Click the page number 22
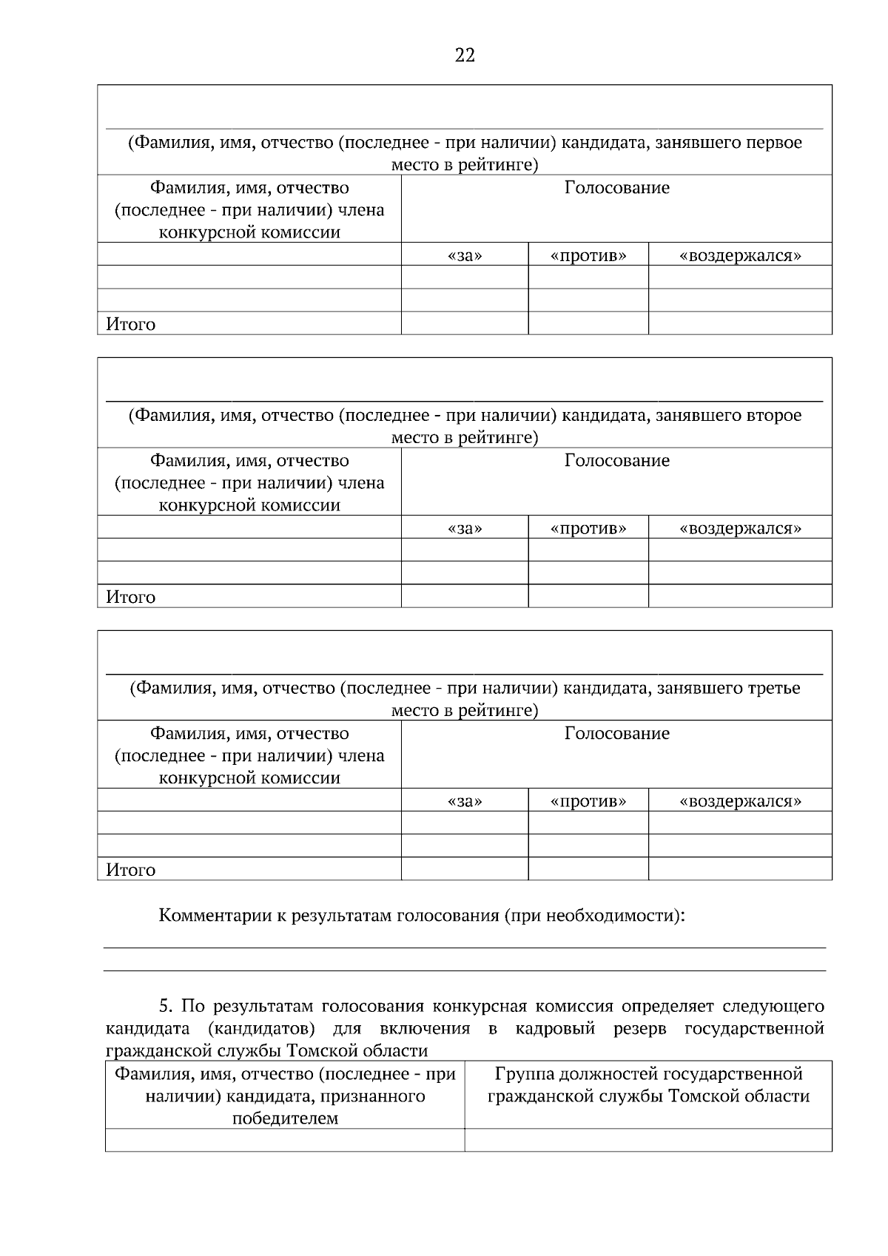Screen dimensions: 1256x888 click(x=465, y=55)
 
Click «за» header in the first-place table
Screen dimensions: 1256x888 click(x=465, y=256)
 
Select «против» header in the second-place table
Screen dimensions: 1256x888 click(x=588, y=529)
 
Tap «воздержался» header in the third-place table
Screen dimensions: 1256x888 click(x=740, y=802)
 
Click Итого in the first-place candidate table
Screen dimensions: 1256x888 click(x=130, y=325)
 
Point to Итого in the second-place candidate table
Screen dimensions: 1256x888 click(x=130, y=598)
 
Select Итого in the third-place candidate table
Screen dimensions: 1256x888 click(x=130, y=871)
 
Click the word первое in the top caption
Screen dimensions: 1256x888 click(x=773, y=143)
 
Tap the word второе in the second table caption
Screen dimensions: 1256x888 click(x=772, y=416)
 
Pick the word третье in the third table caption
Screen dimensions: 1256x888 click(x=772, y=689)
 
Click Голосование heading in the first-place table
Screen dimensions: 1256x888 click(x=616, y=188)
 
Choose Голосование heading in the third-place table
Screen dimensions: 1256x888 click(x=616, y=734)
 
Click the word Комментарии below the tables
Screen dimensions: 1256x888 click(x=215, y=916)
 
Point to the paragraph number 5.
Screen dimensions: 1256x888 click(x=166, y=1007)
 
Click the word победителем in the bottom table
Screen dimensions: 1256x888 click(x=285, y=1119)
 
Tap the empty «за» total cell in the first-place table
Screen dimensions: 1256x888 click(x=465, y=323)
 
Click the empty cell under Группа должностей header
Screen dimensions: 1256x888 click(x=647, y=1140)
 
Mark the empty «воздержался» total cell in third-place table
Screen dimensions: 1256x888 click(x=740, y=869)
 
